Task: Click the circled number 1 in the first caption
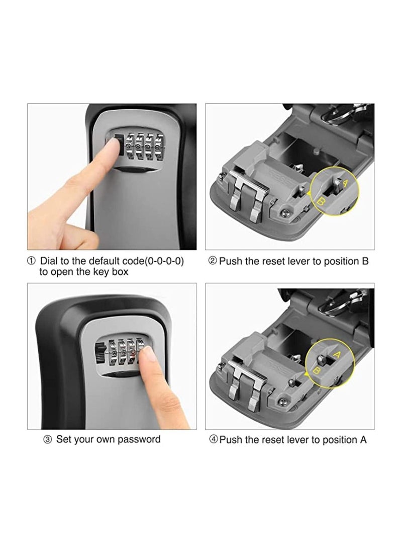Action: [x=32, y=261]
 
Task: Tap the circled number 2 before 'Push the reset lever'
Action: [x=213, y=261]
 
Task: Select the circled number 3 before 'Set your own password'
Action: [x=48, y=439]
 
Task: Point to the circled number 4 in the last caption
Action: [x=213, y=439]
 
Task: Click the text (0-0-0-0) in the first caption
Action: [x=164, y=261]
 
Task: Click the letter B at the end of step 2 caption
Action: [x=365, y=261]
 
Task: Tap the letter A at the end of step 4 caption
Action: [x=363, y=440]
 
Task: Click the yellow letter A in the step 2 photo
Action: [x=345, y=183]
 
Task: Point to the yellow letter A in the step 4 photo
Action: [x=336, y=355]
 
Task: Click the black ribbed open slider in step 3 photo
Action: [x=100, y=353]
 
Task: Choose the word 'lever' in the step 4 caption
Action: [x=299, y=440]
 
